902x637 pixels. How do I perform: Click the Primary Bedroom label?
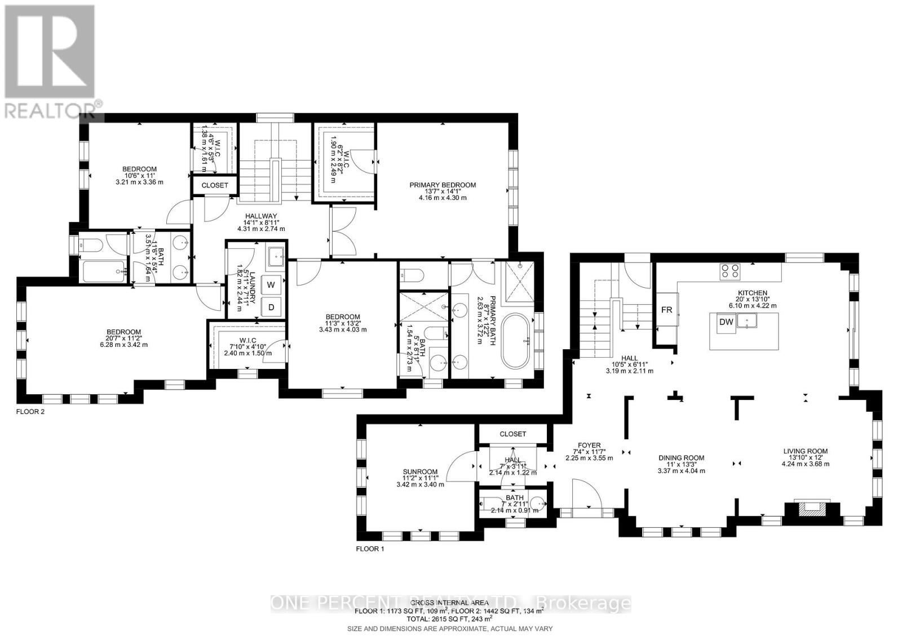443,185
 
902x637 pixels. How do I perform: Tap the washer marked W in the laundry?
271,284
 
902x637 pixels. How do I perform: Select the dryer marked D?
271,307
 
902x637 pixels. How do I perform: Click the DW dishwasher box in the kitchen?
726,322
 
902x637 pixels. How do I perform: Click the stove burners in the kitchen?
730,271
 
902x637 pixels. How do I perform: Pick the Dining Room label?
681,458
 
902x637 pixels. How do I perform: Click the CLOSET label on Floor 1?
512,434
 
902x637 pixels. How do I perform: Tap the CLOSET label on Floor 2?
215,185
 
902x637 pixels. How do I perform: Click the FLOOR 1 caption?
370,548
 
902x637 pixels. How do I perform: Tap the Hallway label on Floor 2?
261,216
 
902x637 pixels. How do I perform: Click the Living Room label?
805,451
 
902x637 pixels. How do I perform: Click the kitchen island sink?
749,322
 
